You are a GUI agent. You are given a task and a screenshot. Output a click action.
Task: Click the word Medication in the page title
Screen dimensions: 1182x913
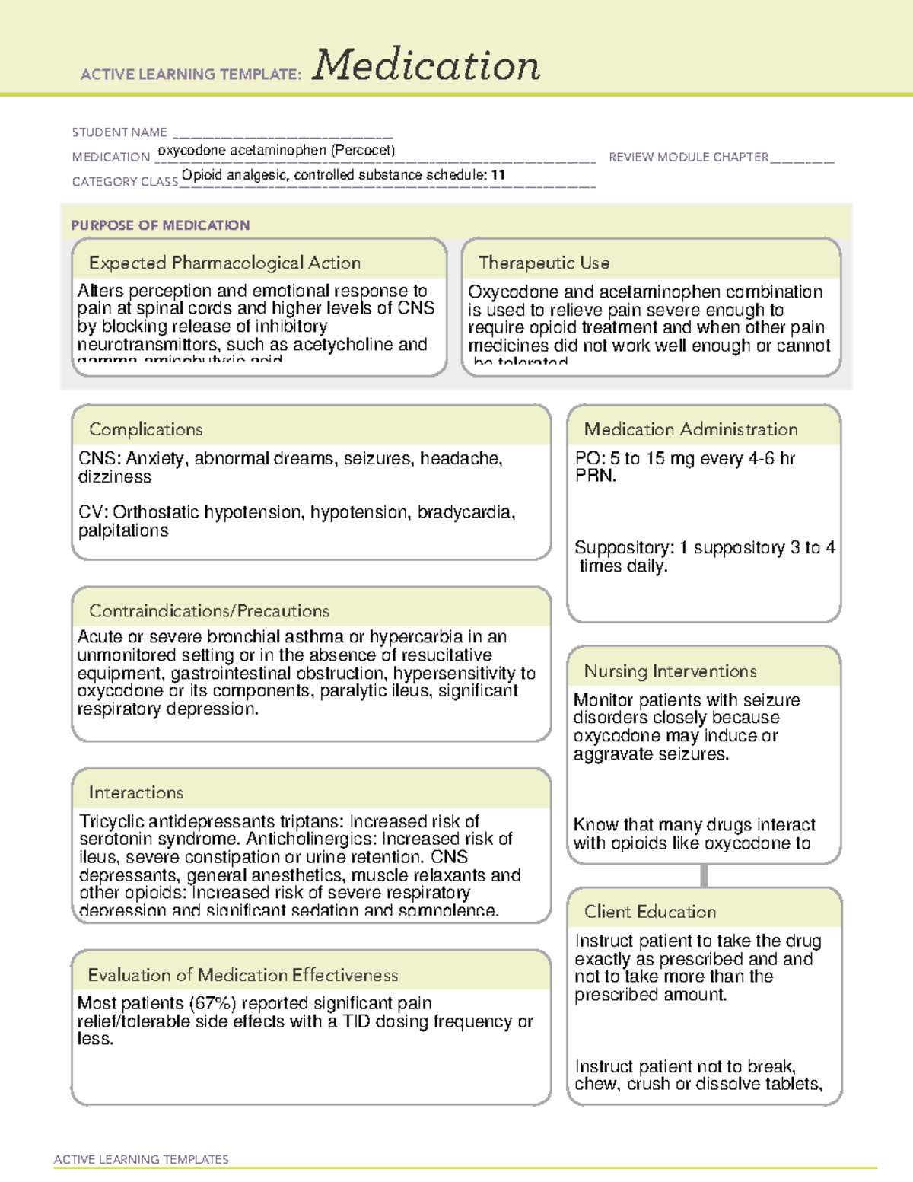[426, 65]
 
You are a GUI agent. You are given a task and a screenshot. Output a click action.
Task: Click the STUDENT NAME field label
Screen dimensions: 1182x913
[119, 132]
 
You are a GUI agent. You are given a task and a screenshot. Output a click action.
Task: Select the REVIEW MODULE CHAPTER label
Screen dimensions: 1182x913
[689, 157]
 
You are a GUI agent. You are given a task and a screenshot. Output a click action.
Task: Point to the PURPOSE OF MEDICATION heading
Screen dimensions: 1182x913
[161, 225]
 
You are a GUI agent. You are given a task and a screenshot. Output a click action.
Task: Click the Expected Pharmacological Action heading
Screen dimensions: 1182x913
[224, 263]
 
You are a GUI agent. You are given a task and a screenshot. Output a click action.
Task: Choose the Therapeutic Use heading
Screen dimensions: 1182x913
[544, 263]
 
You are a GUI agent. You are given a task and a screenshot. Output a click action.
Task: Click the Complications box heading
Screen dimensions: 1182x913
[145, 429]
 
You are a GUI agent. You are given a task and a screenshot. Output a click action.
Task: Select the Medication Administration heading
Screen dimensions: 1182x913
[691, 429]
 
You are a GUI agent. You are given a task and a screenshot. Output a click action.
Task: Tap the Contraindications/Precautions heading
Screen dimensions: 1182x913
[209, 610]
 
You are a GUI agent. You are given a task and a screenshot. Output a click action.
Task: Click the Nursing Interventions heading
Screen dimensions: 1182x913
[670, 671]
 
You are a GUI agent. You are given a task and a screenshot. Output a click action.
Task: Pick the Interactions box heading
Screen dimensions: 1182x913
[136, 792]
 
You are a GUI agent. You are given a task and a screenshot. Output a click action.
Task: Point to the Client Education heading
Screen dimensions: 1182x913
[651, 912]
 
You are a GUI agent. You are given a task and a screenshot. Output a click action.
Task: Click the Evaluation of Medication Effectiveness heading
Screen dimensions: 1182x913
[243, 975]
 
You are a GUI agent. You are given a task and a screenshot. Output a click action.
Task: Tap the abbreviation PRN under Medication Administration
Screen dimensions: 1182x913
[595, 476]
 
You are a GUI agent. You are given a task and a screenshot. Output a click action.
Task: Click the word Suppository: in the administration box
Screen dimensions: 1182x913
[624, 548]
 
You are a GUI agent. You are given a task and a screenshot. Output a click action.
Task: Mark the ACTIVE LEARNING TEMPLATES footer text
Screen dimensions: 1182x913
[142, 1159]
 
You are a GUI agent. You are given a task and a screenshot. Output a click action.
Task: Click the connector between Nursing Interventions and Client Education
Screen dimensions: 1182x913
[704, 876]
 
